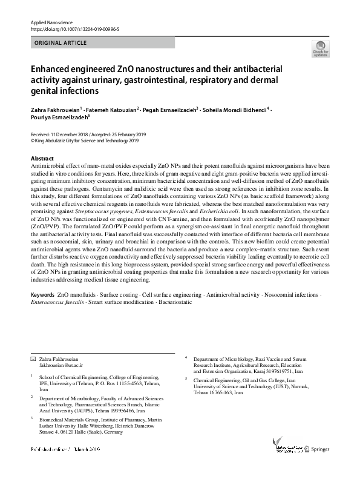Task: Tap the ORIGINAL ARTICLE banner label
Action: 61,43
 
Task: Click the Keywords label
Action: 42,294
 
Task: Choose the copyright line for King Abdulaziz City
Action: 85,141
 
